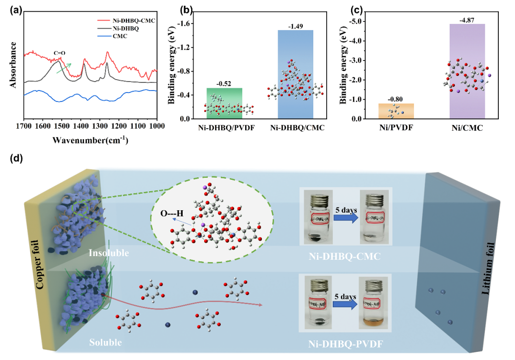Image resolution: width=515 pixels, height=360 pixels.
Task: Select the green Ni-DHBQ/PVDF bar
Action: (224, 103)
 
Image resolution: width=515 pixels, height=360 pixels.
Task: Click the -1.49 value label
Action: (295, 26)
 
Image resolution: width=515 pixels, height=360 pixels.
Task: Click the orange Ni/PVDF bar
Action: (395, 111)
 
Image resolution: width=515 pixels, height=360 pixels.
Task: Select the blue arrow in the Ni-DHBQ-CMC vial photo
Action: (346, 217)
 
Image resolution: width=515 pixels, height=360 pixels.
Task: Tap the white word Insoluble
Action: (109, 253)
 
